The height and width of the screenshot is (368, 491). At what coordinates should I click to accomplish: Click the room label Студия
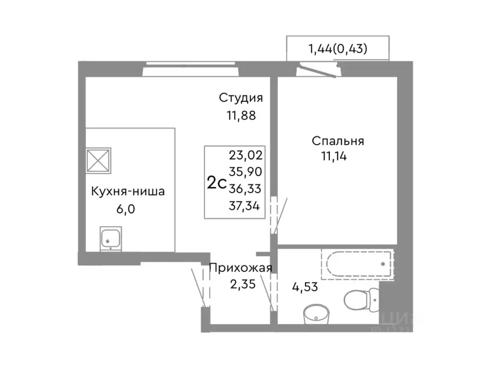[x=241, y=98]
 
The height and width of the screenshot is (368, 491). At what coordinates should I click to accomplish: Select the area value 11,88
[x=241, y=115]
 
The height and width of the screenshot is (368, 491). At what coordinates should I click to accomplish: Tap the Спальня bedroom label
[x=338, y=141]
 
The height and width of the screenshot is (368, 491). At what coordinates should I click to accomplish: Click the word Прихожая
[x=241, y=268]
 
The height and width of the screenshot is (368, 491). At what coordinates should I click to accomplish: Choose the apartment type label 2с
[x=216, y=183]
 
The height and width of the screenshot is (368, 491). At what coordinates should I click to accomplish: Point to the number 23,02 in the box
[x=246, y=155]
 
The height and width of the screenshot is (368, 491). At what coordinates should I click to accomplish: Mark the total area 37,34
[x=246, y=206]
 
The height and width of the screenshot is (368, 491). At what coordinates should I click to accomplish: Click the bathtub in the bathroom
[x=357, y=264]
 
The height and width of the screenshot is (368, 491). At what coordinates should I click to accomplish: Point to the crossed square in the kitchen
[x=98, y=160]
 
